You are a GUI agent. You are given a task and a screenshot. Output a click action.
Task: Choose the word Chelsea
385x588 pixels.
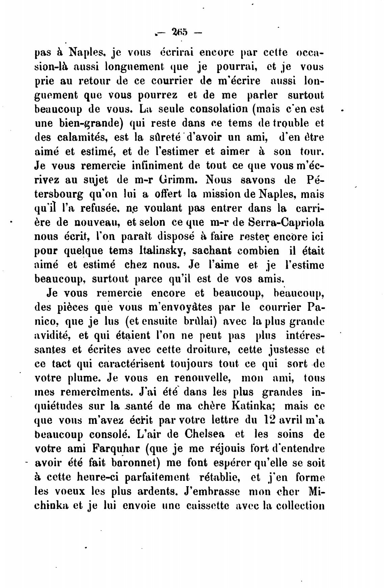205,435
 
